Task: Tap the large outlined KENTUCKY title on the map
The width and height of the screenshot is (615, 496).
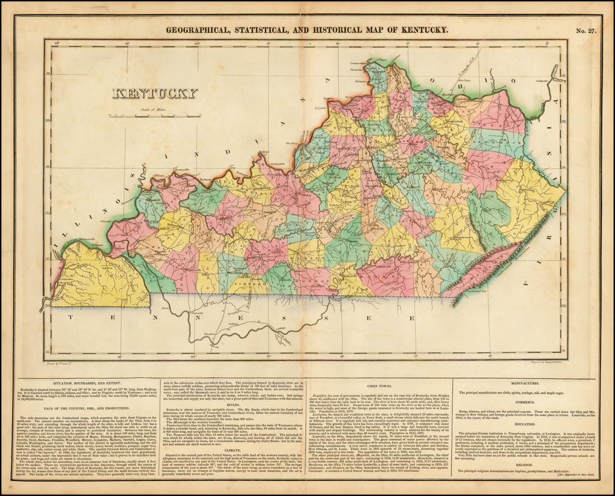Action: [155, 93]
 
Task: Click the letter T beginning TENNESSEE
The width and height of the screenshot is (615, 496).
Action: [70, 316]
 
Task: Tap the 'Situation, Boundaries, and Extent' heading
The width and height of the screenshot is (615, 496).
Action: [86, 383]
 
